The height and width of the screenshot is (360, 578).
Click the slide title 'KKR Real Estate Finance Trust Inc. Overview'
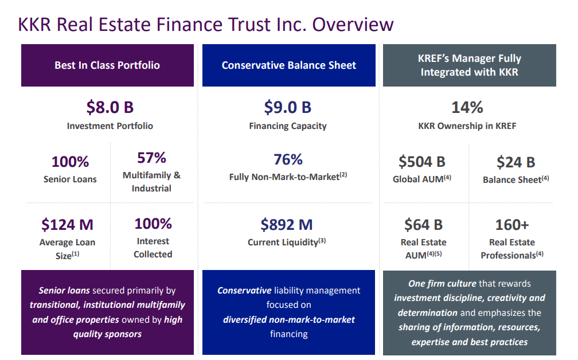coord(206,25)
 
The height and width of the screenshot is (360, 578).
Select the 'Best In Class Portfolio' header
coord(107,65)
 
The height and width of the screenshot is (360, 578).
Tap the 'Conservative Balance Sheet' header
coord(289,65)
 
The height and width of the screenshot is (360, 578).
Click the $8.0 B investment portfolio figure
coord(110,107)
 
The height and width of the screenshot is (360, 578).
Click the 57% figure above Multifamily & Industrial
coord(151,158)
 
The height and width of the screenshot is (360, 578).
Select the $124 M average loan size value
coord(67,224)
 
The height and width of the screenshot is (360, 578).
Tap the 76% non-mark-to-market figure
coord(288,159)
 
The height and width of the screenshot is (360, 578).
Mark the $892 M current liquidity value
coord(287,224)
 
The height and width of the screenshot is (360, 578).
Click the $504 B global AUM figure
coord(422,162)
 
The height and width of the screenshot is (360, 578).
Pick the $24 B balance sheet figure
coord(515,162)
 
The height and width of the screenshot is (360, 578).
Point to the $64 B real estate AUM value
coord(423,224)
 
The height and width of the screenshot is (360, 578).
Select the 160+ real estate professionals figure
coord(512,224)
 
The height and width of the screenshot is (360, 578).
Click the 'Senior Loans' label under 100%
coord(70,179)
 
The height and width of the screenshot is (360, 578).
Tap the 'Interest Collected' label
coord(153,248)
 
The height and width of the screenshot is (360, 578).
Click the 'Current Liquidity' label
coord(283,242)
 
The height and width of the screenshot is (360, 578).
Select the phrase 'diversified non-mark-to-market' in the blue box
coord(289,319)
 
